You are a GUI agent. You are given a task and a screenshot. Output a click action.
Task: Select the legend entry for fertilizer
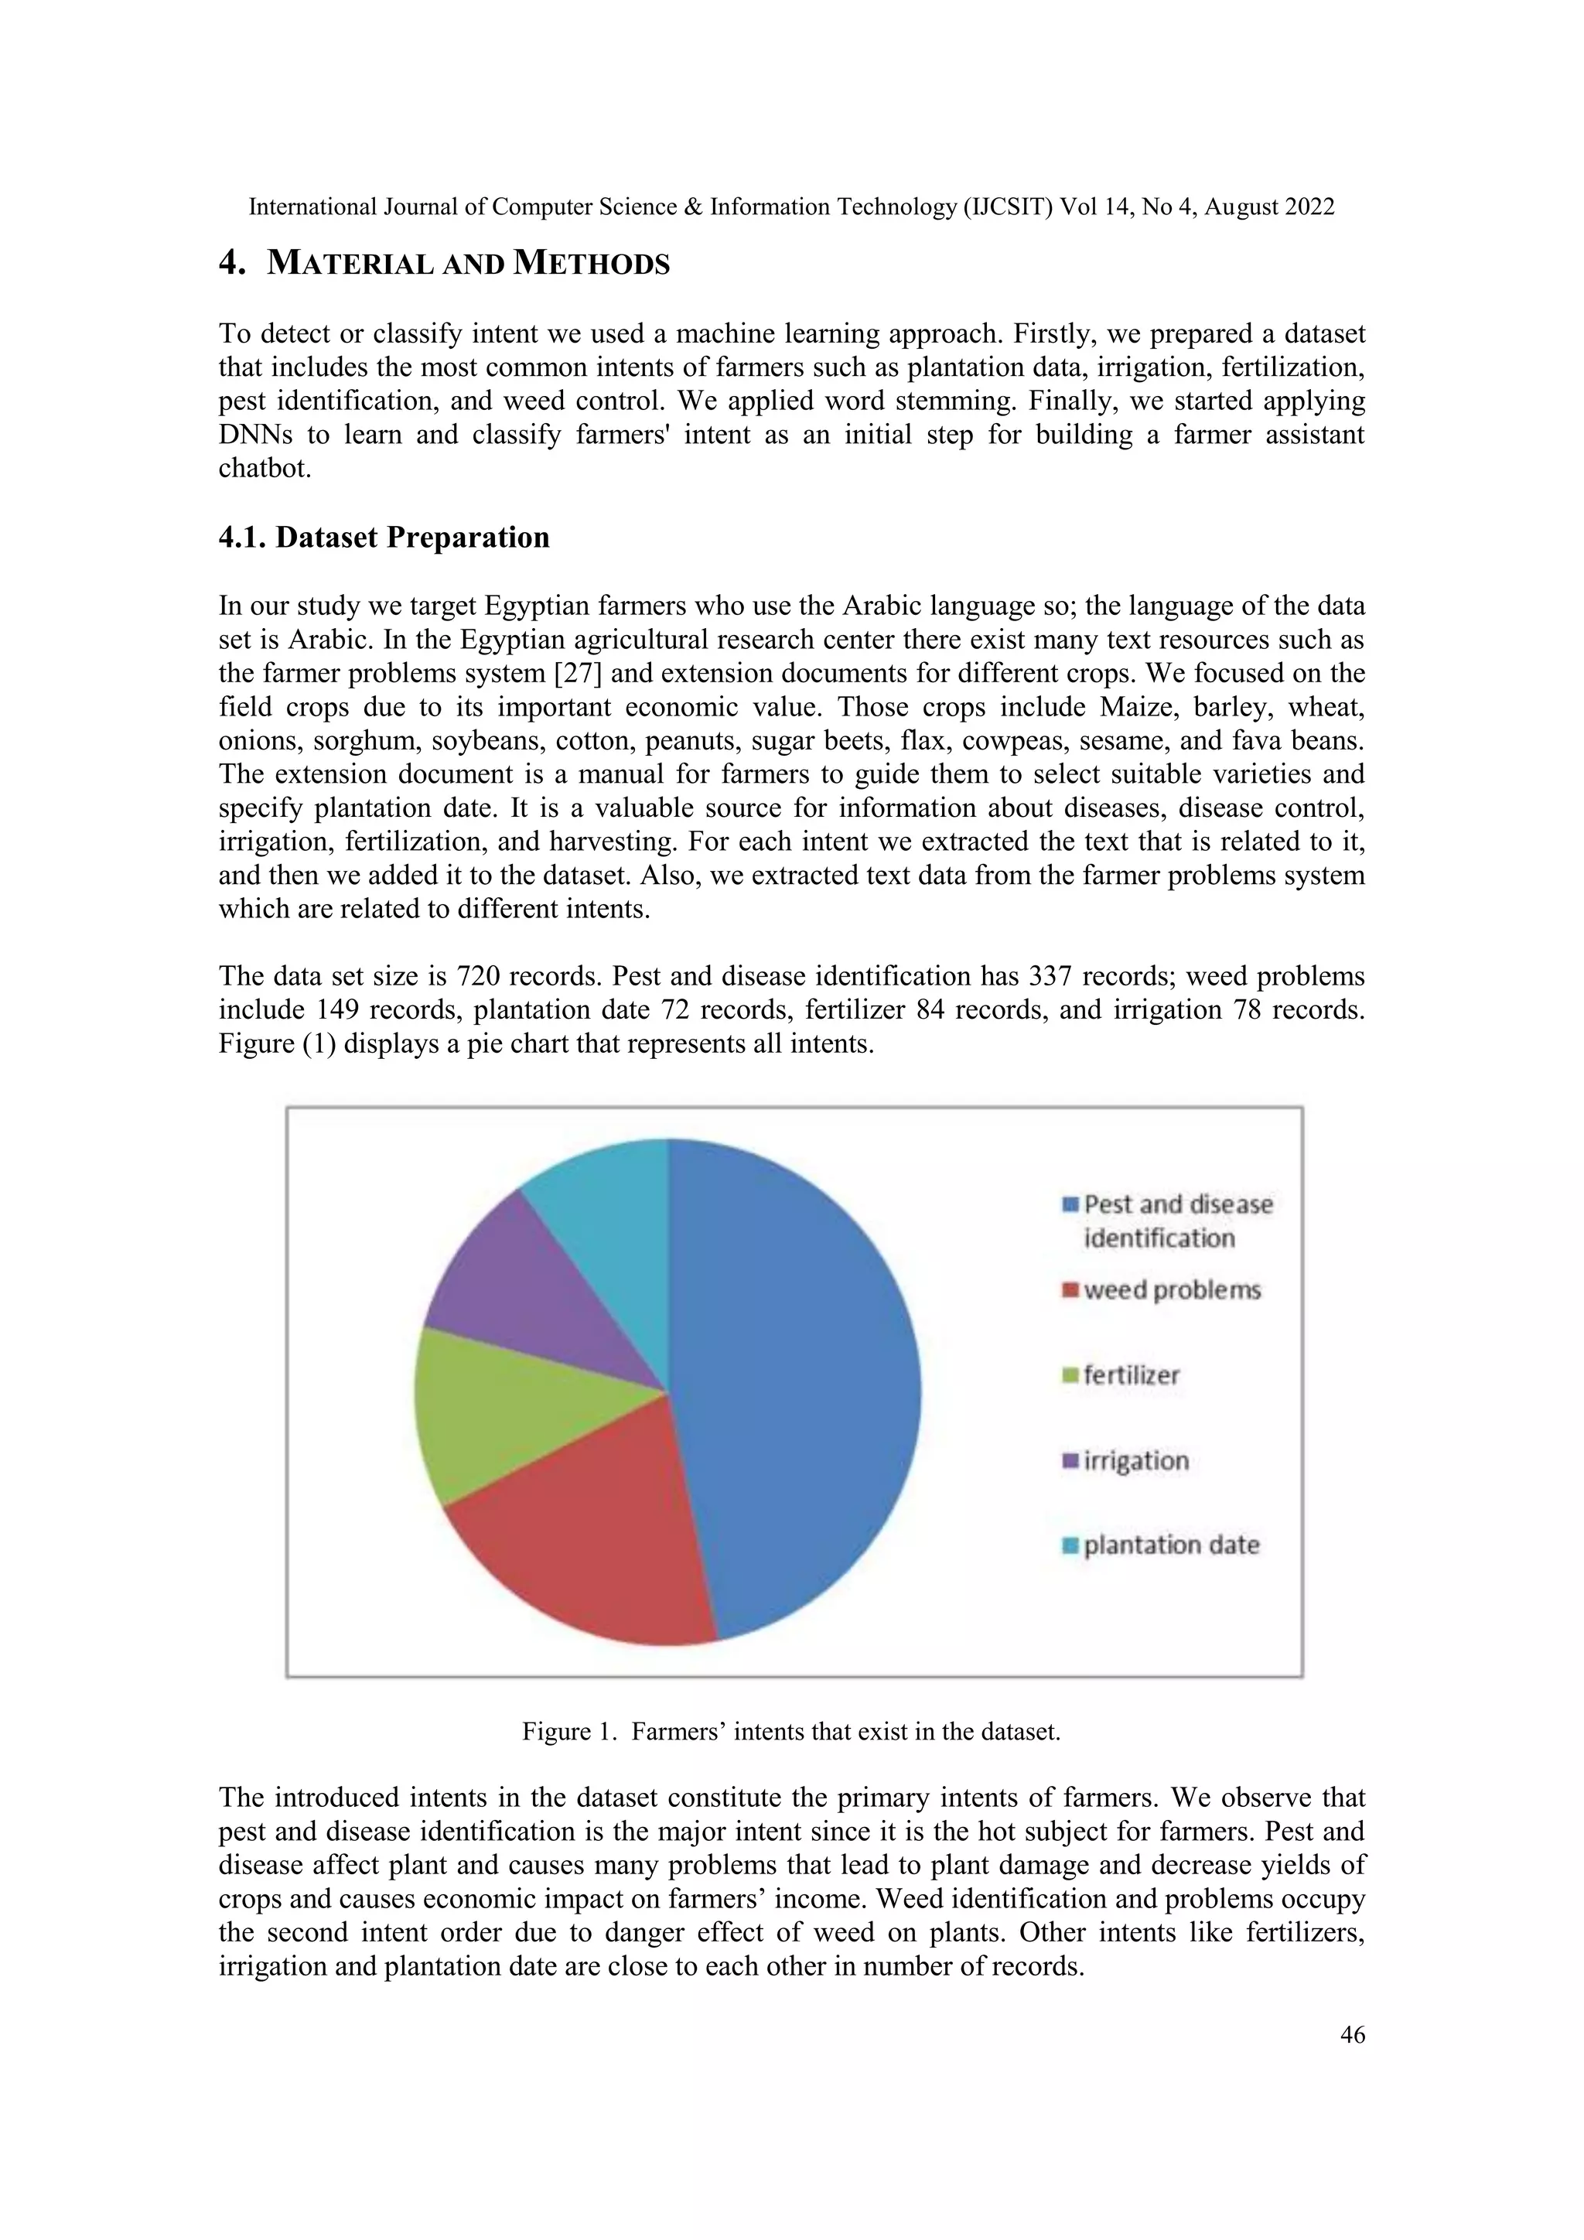click(x=1132, y=1375)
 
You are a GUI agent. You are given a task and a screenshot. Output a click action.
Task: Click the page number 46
click(x=1353, y=2034)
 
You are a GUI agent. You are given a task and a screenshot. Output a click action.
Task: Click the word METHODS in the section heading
click(x=592, y=265)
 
